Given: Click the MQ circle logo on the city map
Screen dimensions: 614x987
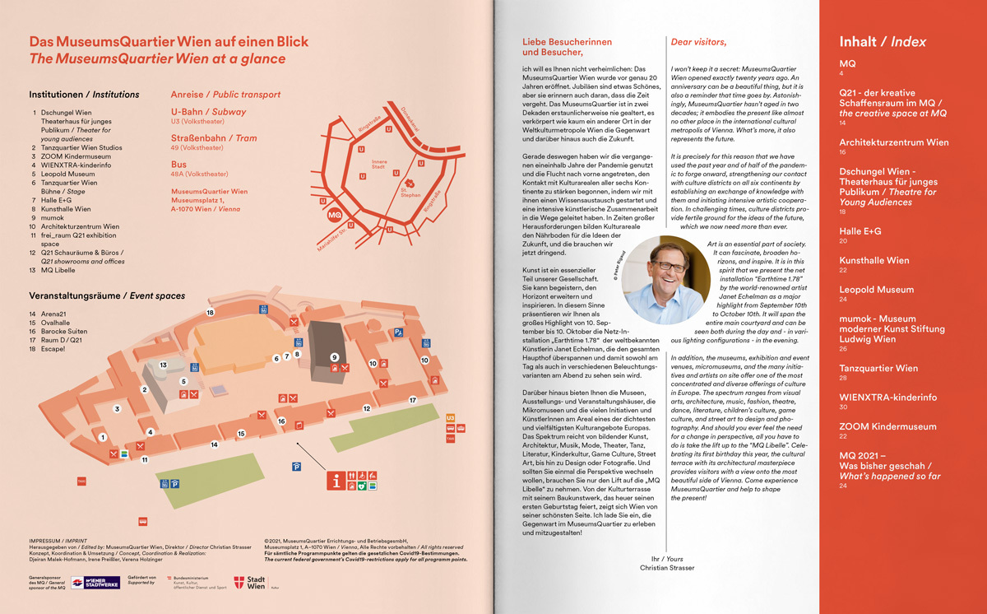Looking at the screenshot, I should click(334, 215).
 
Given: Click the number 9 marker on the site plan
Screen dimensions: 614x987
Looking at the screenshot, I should click(334, 356).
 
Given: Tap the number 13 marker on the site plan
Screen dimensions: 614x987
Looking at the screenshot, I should click(163, 364).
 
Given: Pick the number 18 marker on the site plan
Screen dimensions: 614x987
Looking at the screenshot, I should click(211, 313).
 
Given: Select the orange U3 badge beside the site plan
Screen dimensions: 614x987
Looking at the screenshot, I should click(450, 417).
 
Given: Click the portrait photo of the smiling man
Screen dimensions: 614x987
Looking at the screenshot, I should click(661, 280).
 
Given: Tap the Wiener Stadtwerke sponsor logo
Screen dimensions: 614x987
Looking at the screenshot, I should click(95, 583).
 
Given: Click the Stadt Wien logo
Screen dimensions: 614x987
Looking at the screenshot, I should click(250, 583).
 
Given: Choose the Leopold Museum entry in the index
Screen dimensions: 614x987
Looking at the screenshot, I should click(876, 290).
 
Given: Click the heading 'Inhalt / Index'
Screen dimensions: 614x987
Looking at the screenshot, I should click(883, 42).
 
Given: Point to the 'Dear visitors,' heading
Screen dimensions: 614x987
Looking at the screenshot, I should click(699, 42).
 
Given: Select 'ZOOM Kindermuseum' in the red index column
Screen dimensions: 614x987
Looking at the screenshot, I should click(887, 426).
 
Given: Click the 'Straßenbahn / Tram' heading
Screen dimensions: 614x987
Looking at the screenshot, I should click(214, 138).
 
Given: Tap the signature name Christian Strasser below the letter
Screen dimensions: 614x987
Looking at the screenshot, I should click(667, 568).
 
